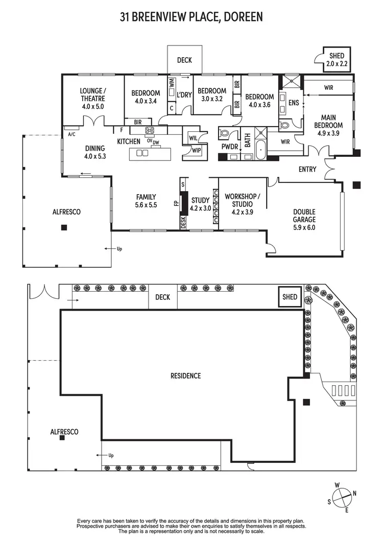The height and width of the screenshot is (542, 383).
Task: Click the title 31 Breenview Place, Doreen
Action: point(191,17)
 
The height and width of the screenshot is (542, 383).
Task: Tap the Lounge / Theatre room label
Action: point(92,99)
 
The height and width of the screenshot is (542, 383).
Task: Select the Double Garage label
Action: point(304,220)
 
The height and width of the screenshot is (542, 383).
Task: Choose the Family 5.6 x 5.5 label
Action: point(146,201)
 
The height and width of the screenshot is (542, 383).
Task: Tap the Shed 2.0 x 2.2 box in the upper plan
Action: point(337,60)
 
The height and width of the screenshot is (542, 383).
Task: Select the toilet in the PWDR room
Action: point(225,133)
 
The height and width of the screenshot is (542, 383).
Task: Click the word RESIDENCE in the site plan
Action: point(185,376)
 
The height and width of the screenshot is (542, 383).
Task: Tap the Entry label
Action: point(307,170)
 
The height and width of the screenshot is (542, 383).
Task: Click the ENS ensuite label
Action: point(293,103)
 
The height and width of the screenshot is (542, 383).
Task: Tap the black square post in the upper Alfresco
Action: point(63,227)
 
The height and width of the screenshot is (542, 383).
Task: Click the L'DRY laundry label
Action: point(184,95)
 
